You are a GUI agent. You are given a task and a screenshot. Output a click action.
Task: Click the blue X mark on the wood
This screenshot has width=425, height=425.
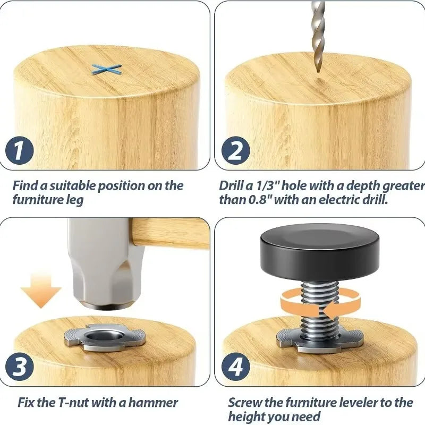coord(106,70)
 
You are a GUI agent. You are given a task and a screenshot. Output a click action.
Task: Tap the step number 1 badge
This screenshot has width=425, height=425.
coord(20,150)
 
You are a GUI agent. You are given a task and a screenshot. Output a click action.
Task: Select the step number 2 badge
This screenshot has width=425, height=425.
coord(235,150)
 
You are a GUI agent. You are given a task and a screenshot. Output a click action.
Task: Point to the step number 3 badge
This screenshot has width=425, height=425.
coord(20,367)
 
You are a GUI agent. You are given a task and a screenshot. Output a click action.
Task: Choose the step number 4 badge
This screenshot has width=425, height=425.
coord(235,367)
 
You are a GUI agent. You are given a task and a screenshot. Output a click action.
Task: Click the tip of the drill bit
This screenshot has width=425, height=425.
coord(318,72)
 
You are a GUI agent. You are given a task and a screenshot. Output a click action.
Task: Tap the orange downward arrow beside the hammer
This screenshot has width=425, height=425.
coord(41,291)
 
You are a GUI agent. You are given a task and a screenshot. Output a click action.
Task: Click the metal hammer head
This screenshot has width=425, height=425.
coord(106,264)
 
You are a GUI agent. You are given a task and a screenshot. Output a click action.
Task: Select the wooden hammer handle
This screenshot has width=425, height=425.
coord(170,233)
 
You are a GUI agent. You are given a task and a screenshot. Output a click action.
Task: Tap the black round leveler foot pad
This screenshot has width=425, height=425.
coord(320,252)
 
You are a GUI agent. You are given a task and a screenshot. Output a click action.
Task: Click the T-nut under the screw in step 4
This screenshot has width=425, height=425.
coord(320,341)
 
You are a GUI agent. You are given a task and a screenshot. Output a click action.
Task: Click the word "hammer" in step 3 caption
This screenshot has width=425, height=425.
coord(153,403)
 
